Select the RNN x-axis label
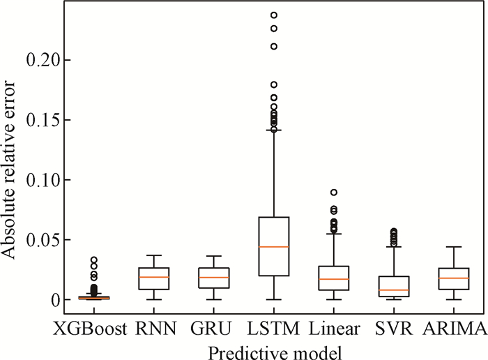[154, 327]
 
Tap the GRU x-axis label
[213, 327]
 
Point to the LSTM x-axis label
[273, 327]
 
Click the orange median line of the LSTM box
[273, 246]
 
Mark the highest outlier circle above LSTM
[273, 15]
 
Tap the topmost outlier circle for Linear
[333, 192]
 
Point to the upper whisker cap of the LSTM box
[273, 130]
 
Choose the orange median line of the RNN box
[154, 277]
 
